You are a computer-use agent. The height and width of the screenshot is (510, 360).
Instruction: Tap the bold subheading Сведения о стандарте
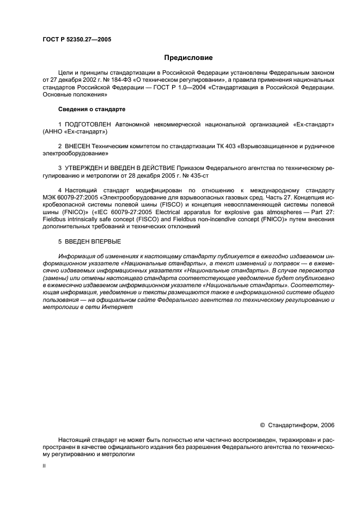coord(91,110)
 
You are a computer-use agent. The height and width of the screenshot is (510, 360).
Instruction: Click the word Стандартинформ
coord(294,425)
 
